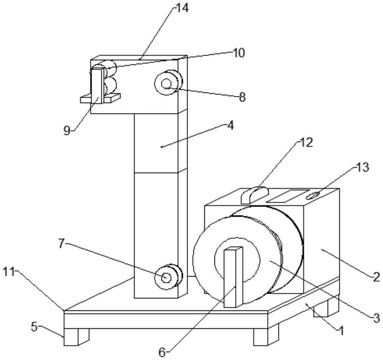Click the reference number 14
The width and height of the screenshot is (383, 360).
click(182, 8)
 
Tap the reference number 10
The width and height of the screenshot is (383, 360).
click(238, 53)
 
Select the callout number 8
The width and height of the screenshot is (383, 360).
click(242, 97)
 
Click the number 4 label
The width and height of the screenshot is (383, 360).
click(230, 125)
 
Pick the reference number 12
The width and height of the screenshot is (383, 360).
click(306, 142)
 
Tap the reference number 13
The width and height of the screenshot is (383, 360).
click(362, 168)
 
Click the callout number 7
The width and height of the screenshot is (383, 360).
click(61, 243)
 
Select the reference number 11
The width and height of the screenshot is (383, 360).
click(8, 272)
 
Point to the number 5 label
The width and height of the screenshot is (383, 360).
click(34, 327)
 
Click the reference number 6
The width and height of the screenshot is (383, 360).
click(162, 353)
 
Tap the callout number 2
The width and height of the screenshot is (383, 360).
click(376, 277)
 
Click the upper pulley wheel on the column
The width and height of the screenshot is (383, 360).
click(169, 83)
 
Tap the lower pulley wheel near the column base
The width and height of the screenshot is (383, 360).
click(169, 277)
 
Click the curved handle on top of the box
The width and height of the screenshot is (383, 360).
click(255, 195)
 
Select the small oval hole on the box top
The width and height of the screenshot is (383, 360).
click(313, 195)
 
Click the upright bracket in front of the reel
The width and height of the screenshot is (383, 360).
click(234, 277)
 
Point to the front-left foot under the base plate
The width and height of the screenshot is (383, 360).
click(77, 337)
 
